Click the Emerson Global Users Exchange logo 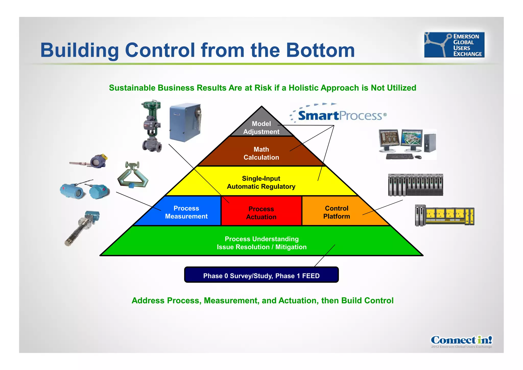454,45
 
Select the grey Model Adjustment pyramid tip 261,127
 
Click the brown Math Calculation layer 261,153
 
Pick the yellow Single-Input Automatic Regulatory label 261,182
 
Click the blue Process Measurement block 186,212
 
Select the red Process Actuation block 261,212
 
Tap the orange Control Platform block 336,212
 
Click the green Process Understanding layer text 261,243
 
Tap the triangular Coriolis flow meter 133,175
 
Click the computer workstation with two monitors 407,144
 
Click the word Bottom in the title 320,50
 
